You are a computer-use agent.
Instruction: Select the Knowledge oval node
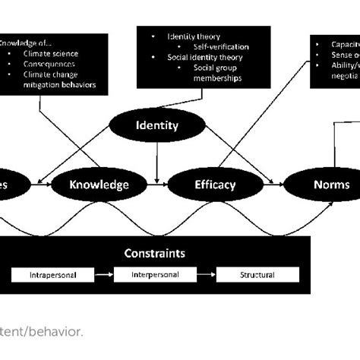[x=99, y=184]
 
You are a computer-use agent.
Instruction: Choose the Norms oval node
[x=331, y=184]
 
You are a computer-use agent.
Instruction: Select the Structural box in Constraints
[x=258, y=274]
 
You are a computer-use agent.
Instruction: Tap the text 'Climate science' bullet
[x=51, y=54]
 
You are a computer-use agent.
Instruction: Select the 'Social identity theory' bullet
[x=200, y=57]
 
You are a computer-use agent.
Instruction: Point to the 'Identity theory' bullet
[x=193, y=36]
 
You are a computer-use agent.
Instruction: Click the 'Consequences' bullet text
[x=49, y=65]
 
